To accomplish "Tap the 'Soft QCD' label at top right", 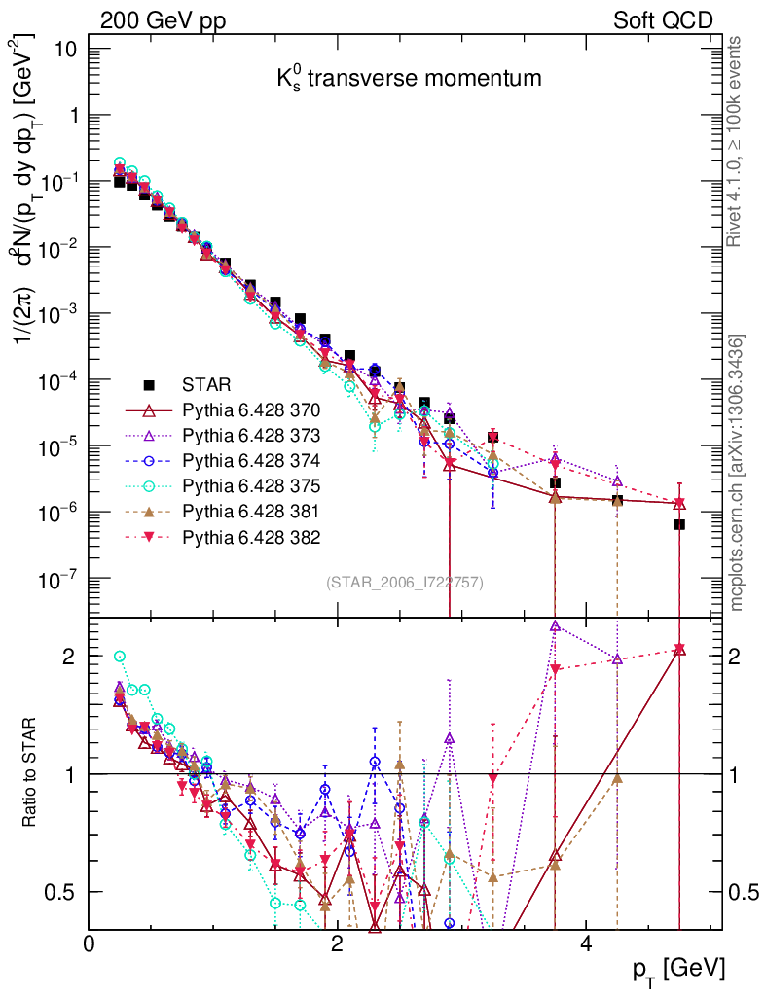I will pos(663,20).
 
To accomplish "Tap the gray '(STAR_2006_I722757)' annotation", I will pos(405,583).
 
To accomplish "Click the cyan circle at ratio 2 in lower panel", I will pos(120,657).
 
